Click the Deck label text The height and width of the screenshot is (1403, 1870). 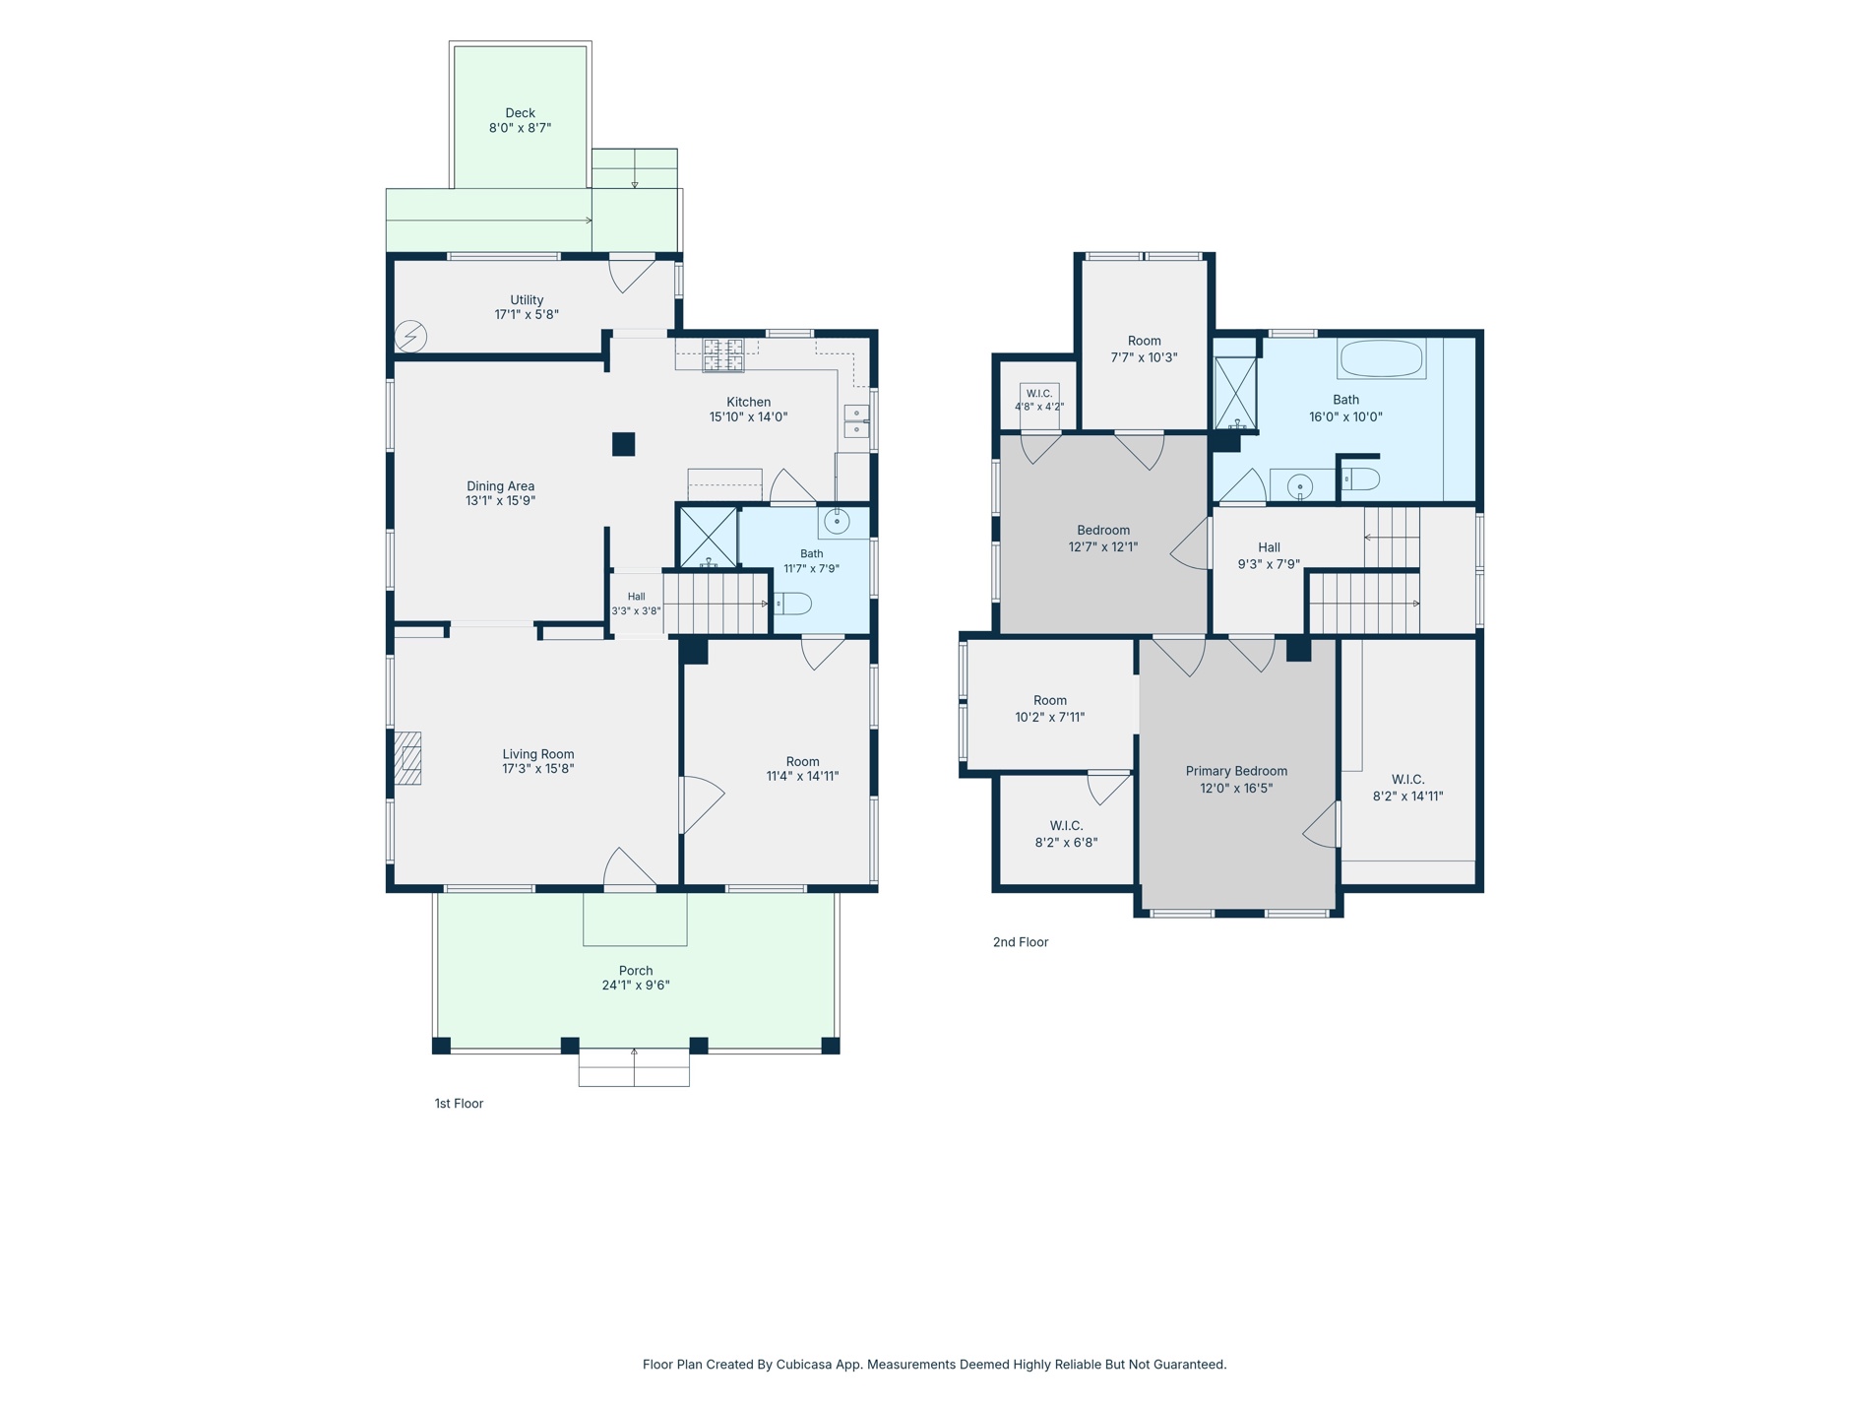[x=520, y=113]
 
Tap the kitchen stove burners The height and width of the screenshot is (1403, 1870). [x=723, y=355]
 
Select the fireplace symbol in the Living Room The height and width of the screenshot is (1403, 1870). [x=407, y=758]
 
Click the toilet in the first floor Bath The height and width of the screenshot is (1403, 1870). [x=792, y=603]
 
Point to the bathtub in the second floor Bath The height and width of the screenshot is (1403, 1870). [x=1381, y=358]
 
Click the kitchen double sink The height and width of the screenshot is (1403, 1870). [x=856, y=421]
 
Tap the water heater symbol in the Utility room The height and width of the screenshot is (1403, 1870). [x=411, y=337]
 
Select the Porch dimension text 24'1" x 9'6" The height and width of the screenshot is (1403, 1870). [x=636, y=986]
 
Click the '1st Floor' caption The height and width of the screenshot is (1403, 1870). [x=459, y=1104]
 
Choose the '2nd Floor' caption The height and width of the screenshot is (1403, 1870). [x=1021, y=942]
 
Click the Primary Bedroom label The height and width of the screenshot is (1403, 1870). [x=1236, y=771]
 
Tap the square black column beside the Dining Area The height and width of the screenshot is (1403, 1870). [x=623, y=444]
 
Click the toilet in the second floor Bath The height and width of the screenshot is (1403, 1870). [x=1361, y=479]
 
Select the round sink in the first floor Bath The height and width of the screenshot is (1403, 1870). [x=837, y=522]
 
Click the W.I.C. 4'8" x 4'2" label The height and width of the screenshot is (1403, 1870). [x=1039, y=400]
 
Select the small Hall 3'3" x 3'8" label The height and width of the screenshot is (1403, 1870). [x=637, y=604]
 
